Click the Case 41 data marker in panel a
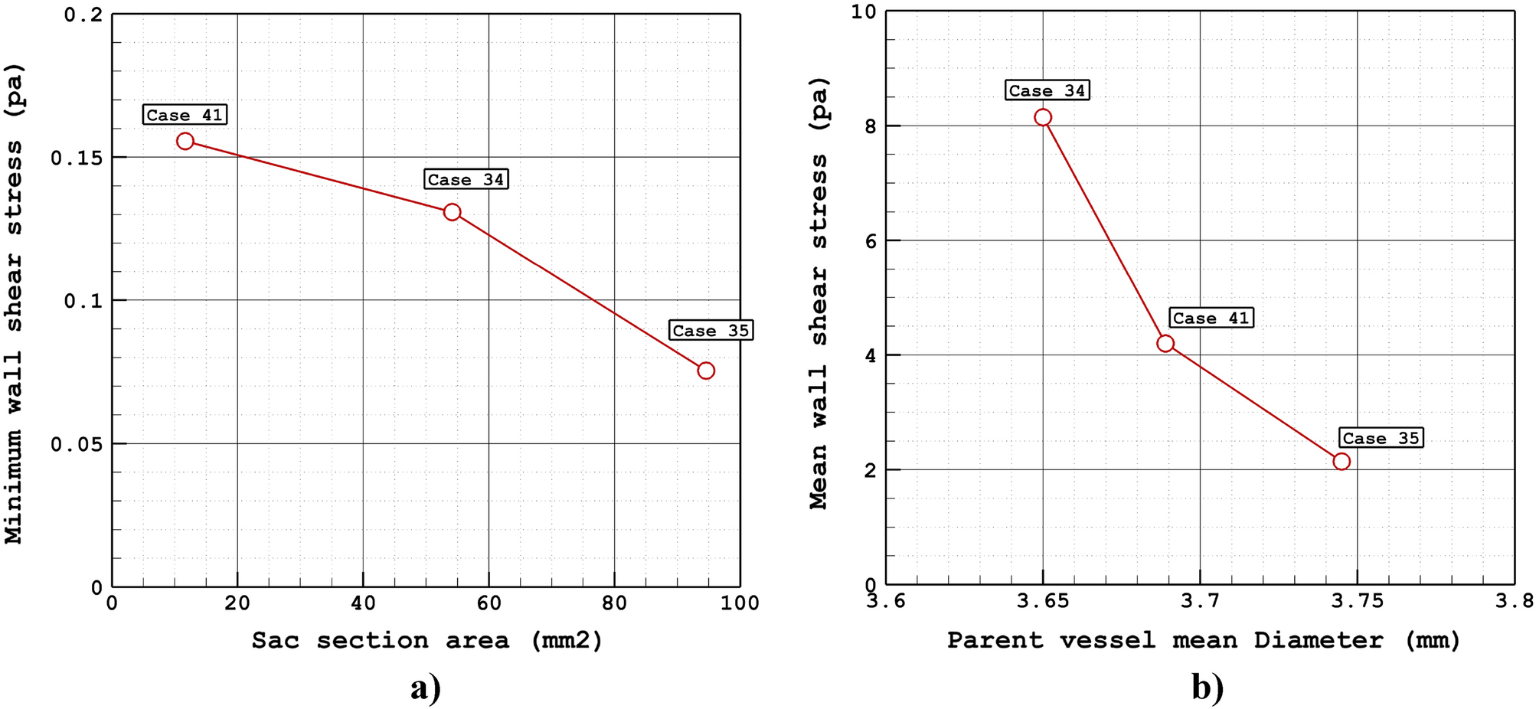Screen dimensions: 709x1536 185,141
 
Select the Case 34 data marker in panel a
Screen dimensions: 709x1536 452,212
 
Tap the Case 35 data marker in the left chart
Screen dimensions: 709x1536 706,371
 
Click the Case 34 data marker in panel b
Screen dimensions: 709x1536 1043,117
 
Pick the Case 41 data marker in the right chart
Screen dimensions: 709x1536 1165,343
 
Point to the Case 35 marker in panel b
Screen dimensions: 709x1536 1342,461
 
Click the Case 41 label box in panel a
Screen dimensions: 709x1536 185,115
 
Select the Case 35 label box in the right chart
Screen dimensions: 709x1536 1381,438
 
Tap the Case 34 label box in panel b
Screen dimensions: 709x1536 1047,90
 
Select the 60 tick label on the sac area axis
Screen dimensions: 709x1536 489,603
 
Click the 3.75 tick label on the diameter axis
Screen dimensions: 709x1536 1357,602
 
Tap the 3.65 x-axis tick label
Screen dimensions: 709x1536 1043,602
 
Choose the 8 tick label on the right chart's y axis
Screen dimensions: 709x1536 871,126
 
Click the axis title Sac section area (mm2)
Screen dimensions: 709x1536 426,640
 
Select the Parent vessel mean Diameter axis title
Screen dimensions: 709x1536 1203,640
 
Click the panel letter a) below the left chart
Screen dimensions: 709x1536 426,688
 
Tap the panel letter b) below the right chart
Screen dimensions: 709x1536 1208,688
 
